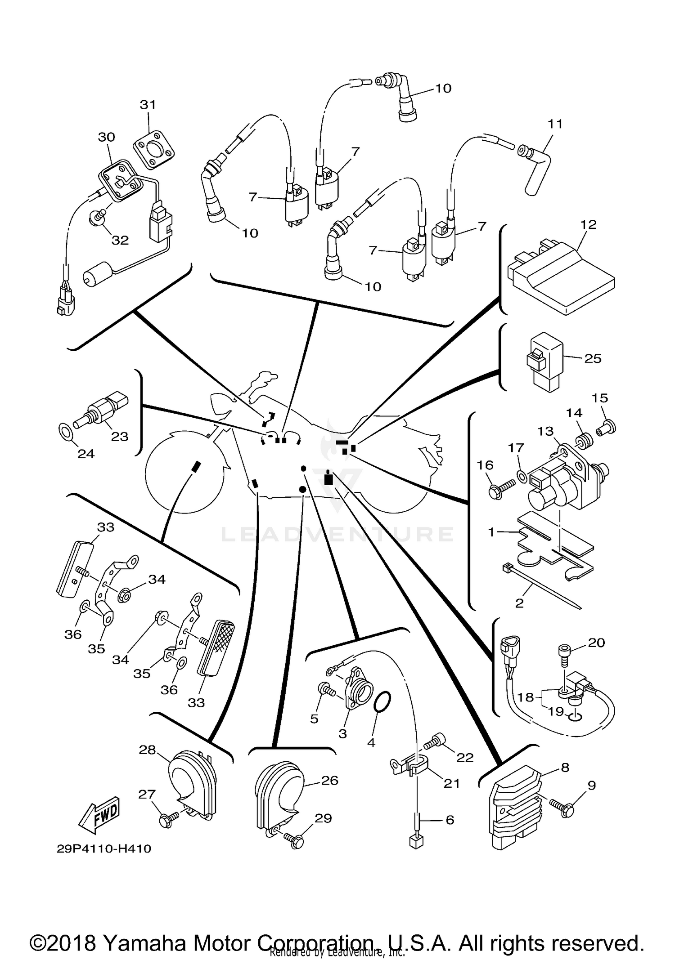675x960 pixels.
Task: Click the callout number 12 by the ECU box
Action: tap(588, 224)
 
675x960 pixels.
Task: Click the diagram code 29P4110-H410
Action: tap(104, 848)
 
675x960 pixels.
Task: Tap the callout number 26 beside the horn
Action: tap(329, 780)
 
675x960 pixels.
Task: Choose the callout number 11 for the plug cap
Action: tap(555, 124)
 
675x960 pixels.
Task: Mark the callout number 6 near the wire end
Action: tap(450, 820)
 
